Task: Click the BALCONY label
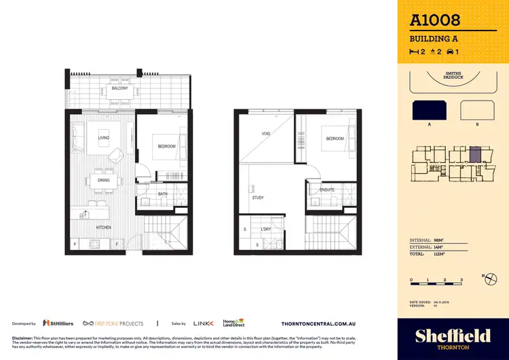tap(120, 88)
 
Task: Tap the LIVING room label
tap(104, 138)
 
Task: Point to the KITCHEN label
tap(103, 228)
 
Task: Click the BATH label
tap(163, 194)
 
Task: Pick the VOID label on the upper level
tap(266, 134)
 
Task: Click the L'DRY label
tap(266, 229)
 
